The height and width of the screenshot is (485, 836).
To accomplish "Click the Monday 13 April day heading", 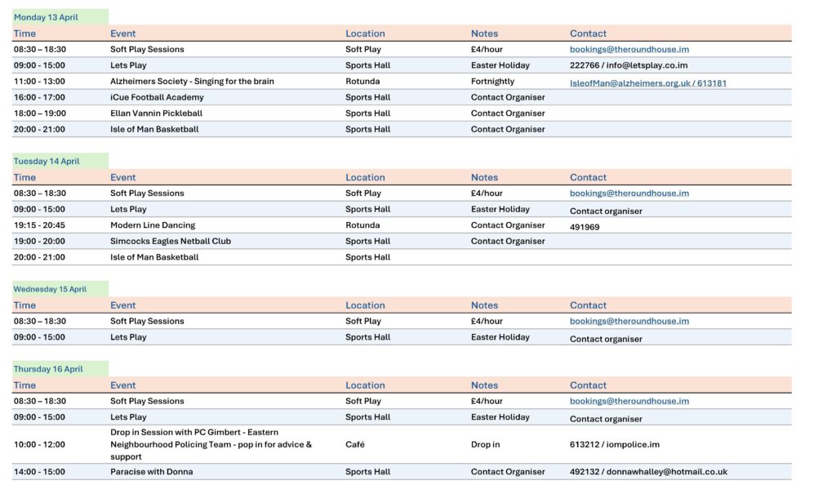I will (46, 17).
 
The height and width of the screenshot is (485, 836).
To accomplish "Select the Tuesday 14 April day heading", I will (47, 162).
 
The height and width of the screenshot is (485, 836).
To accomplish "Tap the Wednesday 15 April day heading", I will (50, 289).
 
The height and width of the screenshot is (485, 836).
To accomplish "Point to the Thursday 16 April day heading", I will (48, 369).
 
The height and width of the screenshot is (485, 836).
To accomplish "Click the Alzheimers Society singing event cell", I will (192, 82).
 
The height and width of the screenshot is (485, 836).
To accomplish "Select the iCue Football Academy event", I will (157, 97).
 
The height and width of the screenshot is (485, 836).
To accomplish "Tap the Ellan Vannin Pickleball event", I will (156, 113).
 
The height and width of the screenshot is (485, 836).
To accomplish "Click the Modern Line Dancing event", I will (153, 225).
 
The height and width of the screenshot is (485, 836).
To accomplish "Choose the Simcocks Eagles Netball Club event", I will (171, 242).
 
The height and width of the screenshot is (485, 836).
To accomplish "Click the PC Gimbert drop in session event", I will (211, 444).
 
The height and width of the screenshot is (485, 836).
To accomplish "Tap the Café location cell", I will (355, 444).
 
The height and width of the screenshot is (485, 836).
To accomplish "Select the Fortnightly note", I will (492, 82).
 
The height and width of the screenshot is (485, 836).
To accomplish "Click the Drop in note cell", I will (485, 444).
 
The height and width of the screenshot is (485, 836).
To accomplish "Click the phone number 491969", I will (585, 227).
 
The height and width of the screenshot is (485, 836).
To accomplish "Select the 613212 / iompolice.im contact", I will (614, 444).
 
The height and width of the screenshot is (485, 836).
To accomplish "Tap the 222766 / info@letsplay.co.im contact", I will (629, 65).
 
